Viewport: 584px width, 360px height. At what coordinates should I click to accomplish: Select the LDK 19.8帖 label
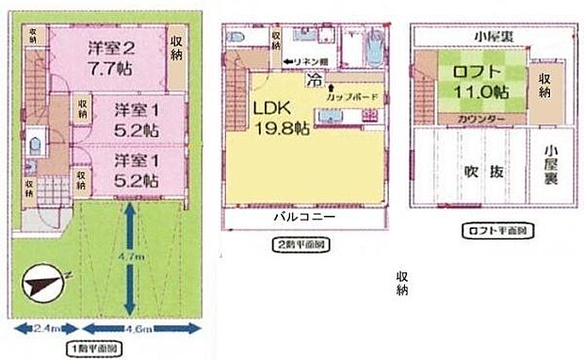(275, 117)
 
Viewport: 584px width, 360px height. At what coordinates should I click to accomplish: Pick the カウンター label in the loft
(479, 119)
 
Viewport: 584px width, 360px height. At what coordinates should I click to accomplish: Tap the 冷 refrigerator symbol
(312, 81)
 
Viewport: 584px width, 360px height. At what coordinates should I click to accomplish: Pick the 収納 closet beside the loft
(543, 86)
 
